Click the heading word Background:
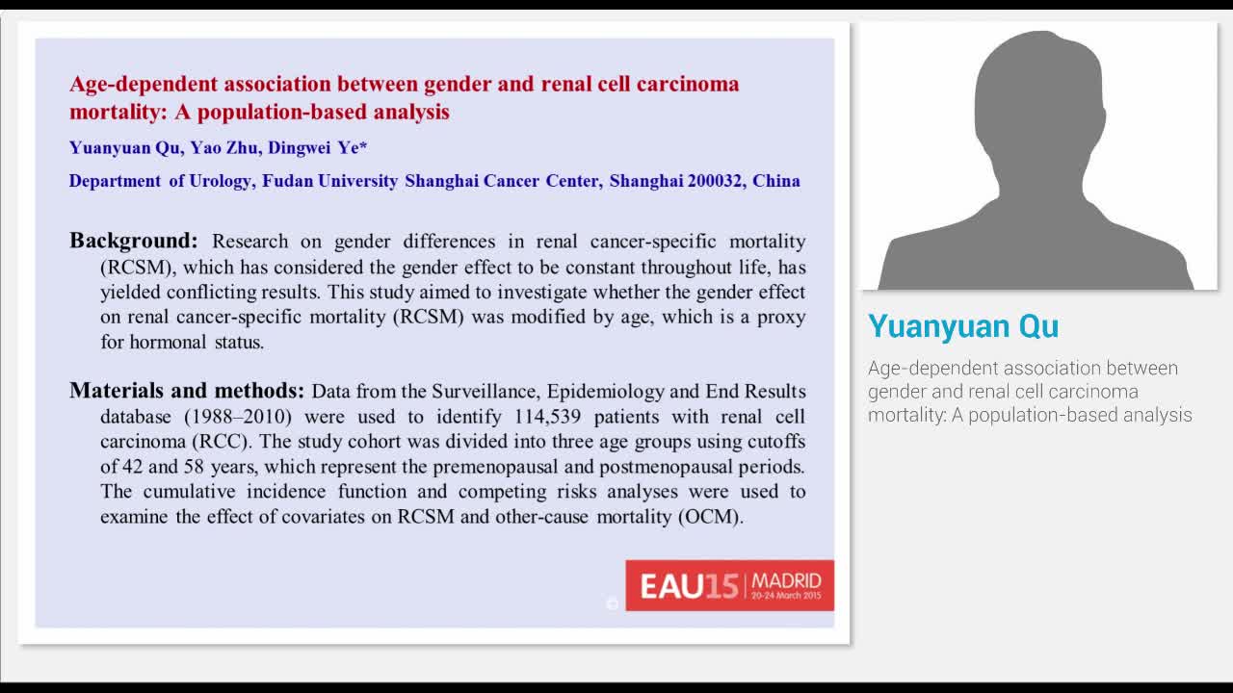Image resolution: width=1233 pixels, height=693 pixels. (133, 241)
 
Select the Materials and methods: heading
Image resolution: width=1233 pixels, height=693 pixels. (187, 391)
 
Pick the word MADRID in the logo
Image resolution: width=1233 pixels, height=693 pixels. (786, 580)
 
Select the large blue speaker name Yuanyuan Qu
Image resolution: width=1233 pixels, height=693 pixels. (962, 326)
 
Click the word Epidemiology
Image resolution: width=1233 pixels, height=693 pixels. (597, 392)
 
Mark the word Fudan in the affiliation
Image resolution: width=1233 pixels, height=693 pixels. (287, 181)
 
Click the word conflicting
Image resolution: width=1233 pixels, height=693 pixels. (211, 292)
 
